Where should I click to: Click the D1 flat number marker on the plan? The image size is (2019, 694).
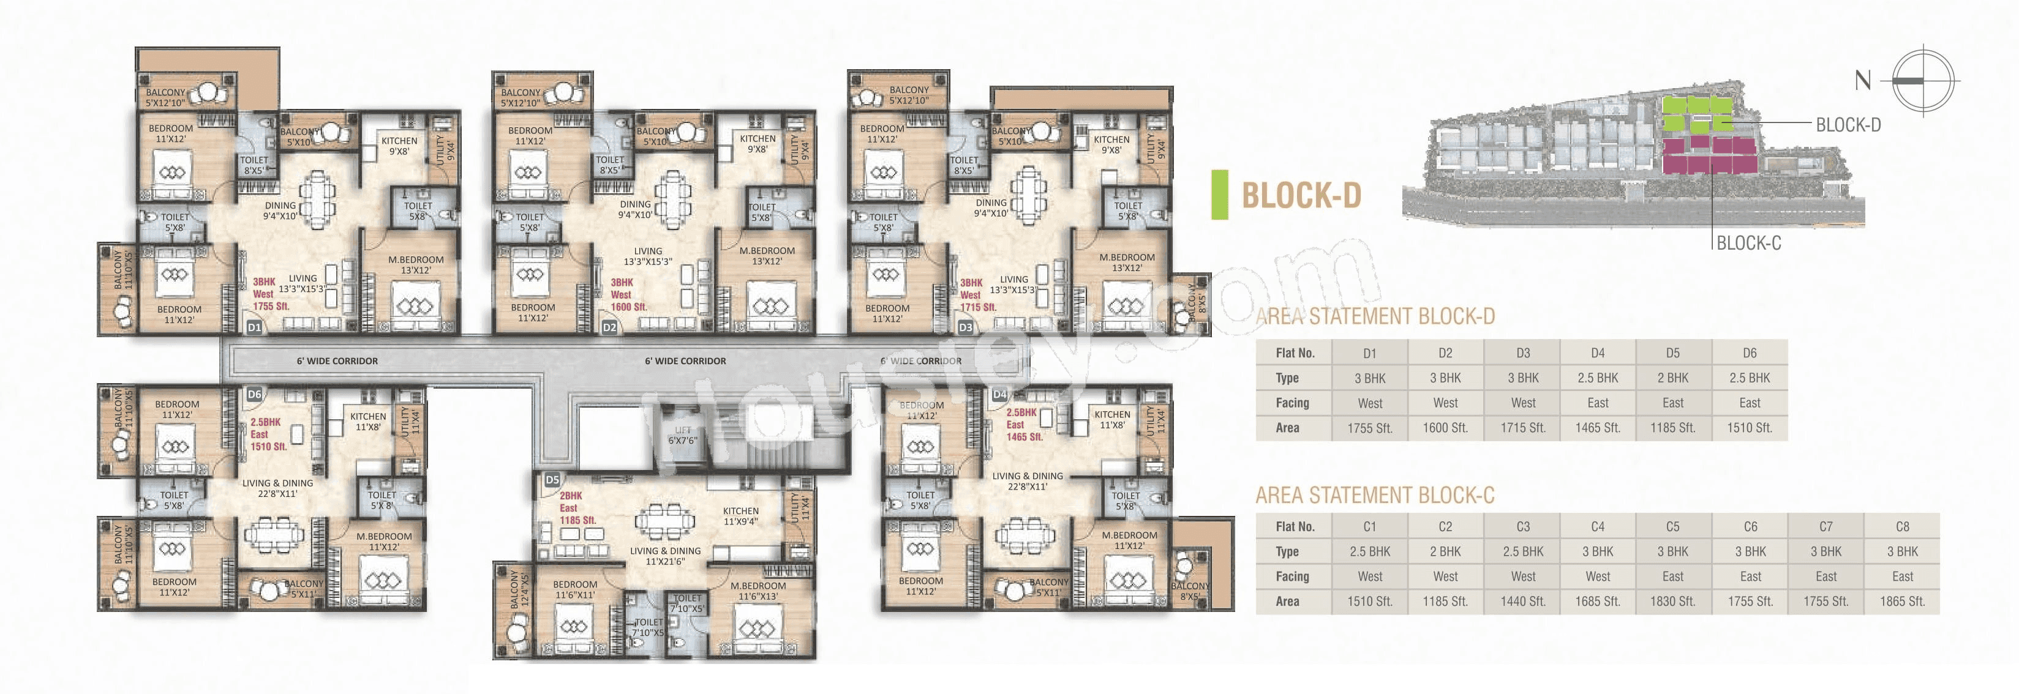point(254,327)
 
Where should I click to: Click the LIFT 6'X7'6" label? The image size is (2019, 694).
point(683,436)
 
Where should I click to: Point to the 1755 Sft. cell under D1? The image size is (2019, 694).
point(1369,428)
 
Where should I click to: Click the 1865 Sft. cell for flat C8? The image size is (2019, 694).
point(1901,602)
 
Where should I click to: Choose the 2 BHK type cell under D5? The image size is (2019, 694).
point(1672,378)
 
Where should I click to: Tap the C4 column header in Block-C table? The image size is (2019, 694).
point(1597,526)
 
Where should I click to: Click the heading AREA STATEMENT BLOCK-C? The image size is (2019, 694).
point(1375,495)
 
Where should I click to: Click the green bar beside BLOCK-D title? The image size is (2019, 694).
point(1220,194)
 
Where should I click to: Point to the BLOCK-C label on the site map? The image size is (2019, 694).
point(1748,243)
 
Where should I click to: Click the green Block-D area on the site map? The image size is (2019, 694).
point(1697,114)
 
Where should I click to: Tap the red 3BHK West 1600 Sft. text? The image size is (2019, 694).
point(628,294)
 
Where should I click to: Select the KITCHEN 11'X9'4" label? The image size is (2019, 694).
point(740,515)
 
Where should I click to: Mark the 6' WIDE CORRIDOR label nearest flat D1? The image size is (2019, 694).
point(337,361)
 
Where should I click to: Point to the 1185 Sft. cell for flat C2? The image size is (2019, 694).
point(1445,602)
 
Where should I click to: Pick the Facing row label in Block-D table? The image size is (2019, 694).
point(1291,403)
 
